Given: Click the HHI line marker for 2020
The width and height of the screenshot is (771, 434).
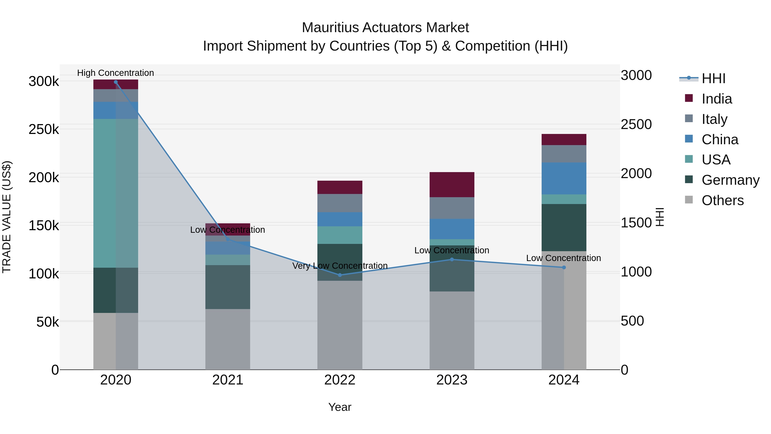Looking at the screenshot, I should [x=116, y=82].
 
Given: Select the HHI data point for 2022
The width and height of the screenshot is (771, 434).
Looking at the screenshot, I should [x=340, y=275].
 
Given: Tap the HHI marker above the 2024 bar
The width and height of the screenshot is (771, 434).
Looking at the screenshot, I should [x=564, y=267].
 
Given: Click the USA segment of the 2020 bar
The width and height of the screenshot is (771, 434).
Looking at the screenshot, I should [x=116, y=193].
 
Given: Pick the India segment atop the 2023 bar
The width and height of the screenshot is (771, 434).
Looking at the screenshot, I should [x=452, y=185].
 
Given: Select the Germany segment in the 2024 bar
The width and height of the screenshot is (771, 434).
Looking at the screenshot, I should [x=564, y=228].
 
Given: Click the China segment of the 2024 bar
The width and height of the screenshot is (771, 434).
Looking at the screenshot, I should [x=564, y=179].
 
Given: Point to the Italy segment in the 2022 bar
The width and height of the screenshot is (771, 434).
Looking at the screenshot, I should [x=340, y=203].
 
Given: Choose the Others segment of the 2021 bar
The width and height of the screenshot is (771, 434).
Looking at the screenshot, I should [x=228, y=339].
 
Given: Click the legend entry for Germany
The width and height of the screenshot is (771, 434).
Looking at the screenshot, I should [x=730, y=180].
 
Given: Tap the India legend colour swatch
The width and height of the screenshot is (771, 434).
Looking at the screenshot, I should [x=689, y=98].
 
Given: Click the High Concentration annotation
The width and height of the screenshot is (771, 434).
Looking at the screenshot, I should [x=115, y=73].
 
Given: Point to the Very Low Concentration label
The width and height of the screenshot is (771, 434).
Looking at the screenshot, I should [x=340, y=266].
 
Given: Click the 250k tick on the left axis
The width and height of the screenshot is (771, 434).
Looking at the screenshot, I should [x=44, y=129].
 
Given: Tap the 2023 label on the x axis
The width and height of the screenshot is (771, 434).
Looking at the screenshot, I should [x=452, y=380].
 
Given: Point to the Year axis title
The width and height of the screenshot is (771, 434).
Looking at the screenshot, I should [x=340, y=407].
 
